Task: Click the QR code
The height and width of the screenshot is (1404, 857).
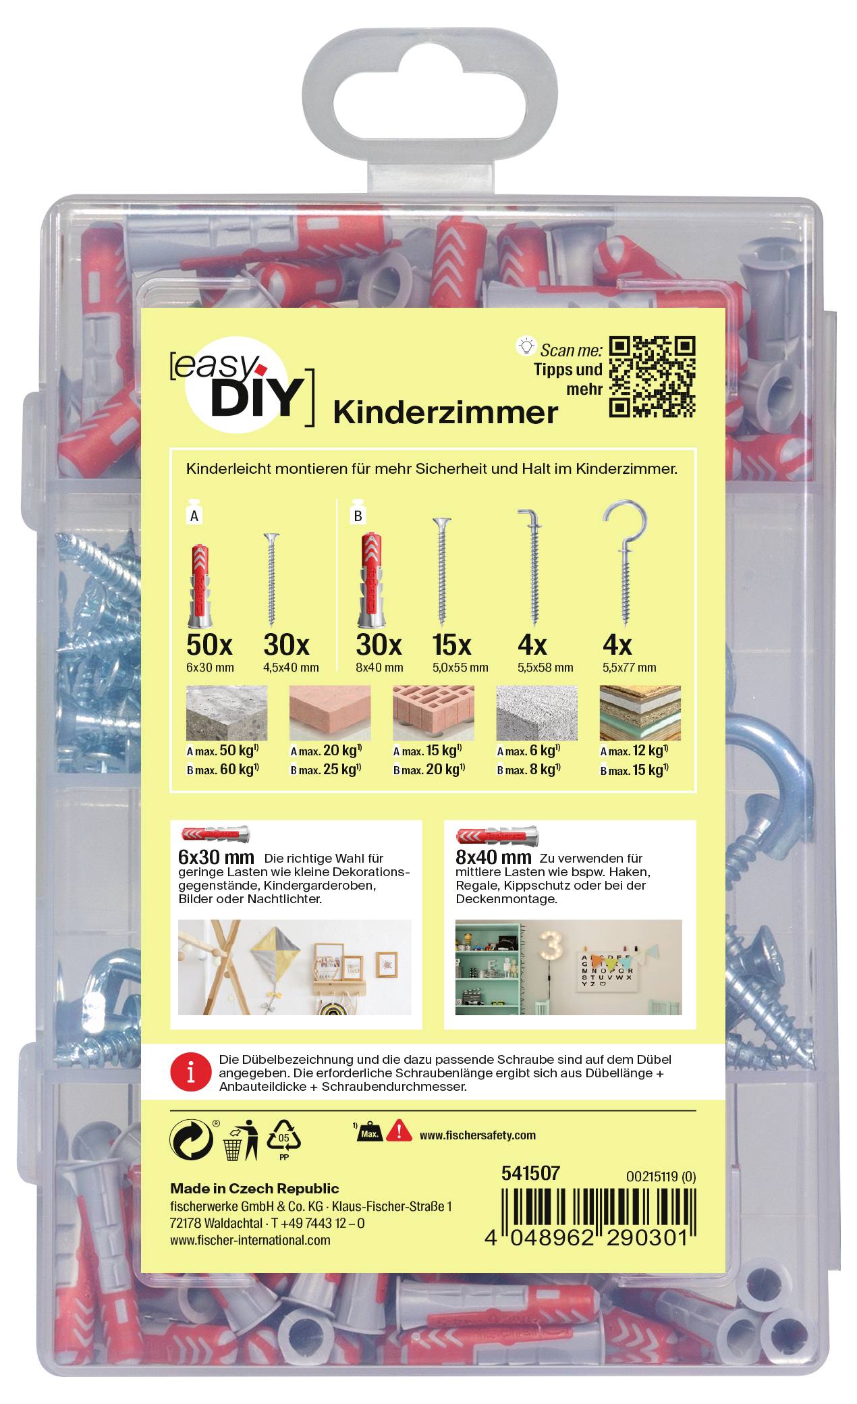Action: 652,376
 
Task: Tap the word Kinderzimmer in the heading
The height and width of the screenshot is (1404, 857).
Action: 445,412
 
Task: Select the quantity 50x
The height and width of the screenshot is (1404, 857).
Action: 210,645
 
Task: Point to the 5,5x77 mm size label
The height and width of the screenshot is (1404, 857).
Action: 628,668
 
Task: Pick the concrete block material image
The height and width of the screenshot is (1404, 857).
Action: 227,713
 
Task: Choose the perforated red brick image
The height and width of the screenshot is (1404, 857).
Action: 433,713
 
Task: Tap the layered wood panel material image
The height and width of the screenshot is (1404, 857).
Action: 640,713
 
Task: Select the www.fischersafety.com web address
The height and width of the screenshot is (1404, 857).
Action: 478,1135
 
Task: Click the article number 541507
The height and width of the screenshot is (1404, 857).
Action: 530,1174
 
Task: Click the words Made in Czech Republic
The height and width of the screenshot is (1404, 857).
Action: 254,1189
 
